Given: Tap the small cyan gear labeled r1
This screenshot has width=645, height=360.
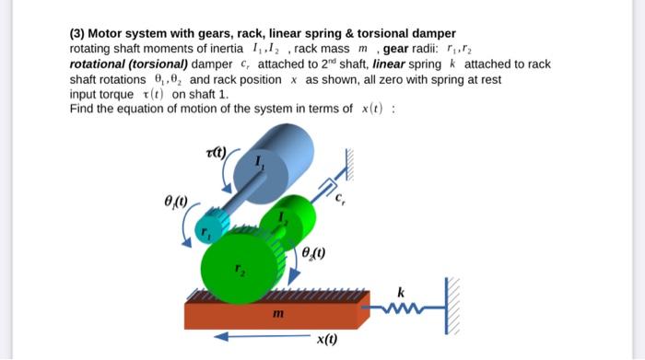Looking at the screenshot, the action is pos(211,226).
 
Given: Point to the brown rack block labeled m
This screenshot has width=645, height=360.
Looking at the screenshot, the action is pos(276,315).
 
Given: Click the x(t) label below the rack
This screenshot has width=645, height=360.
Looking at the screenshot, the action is pos(327,340).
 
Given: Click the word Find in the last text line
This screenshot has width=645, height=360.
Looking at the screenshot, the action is pos(82,108).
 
